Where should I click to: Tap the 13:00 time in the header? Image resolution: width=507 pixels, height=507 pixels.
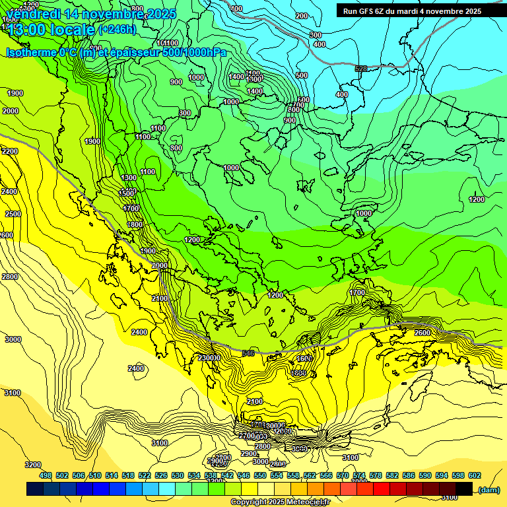(x=26, y=30)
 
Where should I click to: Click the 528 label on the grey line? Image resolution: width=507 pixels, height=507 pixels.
(x=360, y=69)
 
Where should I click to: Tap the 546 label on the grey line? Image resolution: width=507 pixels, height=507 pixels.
(x=248, y=354)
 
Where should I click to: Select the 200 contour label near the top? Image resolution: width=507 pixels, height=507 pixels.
(x=302, y=16)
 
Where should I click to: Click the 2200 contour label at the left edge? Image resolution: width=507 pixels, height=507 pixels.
(x=10, y=151)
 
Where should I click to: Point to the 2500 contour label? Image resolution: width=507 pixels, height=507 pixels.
(x=13, y=214)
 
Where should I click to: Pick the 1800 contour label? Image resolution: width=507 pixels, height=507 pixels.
(x=135, y=224)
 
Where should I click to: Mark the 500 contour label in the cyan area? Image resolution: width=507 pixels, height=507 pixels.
(x=302, y=75)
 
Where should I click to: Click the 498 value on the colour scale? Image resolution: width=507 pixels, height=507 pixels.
(x=46, y=475)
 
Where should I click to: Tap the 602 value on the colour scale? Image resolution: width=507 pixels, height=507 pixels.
(x=475, y=475)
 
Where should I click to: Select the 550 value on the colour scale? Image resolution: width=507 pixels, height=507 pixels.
(x=260, y=475)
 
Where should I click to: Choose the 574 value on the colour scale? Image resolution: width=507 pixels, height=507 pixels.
(x=359, y=475)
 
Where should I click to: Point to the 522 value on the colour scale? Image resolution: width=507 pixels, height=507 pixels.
(x=145, y=475)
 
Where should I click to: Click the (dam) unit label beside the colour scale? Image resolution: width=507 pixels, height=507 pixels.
(x=488, y=489)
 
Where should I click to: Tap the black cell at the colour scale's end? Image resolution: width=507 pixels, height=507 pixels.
(x=464, y=489)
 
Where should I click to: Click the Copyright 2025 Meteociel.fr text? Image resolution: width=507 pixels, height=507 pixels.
(x=279, y=502)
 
